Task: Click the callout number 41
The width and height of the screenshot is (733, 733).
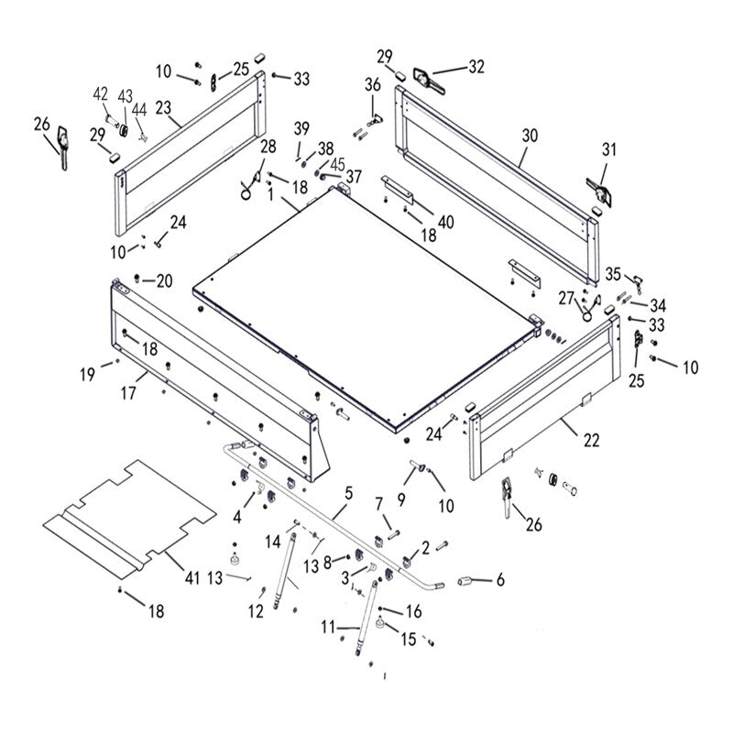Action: (x=191, y=578)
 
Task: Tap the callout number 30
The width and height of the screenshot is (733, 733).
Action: (x=530, y=135)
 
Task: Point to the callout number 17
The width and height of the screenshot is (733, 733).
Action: (x=127, y=393)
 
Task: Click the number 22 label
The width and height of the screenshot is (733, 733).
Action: (x=591, y=441)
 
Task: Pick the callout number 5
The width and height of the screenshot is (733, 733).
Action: (x=348, y=494)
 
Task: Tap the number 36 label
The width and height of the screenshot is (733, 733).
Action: (x=372, y=85)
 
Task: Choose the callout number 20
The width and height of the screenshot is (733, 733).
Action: (x=164, y=280)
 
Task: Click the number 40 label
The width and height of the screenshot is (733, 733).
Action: (x=446, y=221)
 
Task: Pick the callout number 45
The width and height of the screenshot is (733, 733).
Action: (x=338, y=165)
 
